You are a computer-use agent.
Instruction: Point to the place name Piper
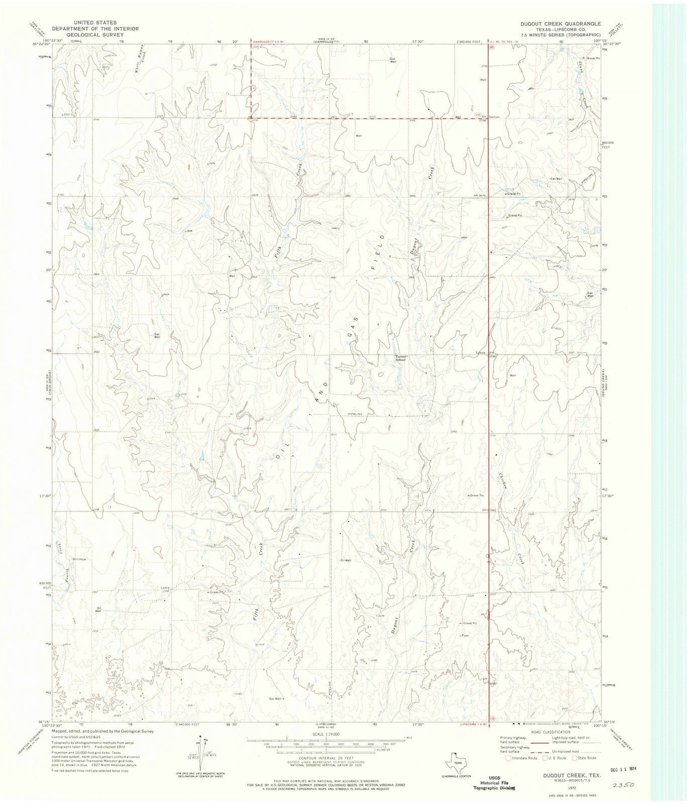[465, 635]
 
